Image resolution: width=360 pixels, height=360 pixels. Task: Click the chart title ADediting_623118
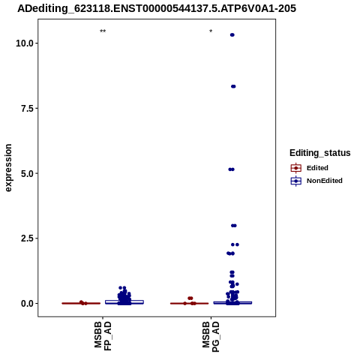(157, 8)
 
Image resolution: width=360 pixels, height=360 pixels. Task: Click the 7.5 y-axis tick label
(27, 109)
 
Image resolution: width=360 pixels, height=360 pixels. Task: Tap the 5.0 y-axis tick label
(27, 173)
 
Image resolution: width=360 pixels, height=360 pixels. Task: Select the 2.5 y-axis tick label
(27, 238)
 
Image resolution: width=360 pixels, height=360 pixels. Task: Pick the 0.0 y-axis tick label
(27, 304)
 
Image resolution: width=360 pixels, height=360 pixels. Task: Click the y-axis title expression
(8, 168)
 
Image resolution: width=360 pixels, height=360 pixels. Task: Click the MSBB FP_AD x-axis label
(103, 337)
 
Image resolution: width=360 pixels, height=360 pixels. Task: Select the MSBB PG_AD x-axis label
(211, 337)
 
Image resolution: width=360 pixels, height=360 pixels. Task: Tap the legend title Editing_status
(320, 153)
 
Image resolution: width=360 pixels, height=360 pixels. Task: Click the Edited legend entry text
(317, 168)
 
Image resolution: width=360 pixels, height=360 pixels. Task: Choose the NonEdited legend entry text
(325, 181)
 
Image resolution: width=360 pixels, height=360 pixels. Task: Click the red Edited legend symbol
(296, 168)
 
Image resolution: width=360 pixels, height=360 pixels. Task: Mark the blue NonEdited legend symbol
(296, 181)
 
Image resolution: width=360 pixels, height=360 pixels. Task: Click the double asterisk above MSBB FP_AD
(103, 31)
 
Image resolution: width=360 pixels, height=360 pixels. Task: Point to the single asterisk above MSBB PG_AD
(211, 31)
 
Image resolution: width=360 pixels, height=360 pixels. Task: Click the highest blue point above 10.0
(232, 35)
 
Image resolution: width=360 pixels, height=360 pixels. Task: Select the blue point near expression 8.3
(233, 86)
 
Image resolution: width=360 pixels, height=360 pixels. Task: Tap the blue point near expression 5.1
(231, 169)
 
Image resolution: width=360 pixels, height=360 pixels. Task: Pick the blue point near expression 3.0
(234, 226)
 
